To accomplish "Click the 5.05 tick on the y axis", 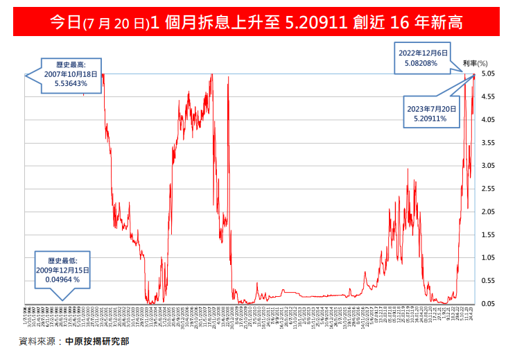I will click(x=488, y=74).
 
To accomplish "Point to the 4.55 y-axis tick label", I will click(x=488, y=97).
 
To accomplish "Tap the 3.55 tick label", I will click(x=488, y=143).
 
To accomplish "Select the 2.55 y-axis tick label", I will click(x=488, y=189).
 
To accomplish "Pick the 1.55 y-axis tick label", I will click(x=488, y=234).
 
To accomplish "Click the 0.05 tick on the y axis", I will click(x=488, y=304).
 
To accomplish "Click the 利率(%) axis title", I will click(x=475, y=63).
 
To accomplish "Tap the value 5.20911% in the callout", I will click(x=432, y=119).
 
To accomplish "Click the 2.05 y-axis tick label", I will click(x=488, y=212).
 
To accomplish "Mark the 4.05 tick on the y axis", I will click(x=488, y=120).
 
